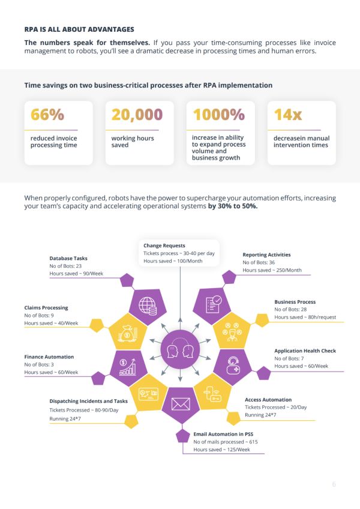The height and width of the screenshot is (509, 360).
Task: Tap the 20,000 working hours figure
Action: [x=137, y=114]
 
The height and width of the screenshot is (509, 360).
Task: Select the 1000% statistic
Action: [x=219, y=114]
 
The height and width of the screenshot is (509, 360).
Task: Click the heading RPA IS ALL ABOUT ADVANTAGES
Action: [x=79, y=29]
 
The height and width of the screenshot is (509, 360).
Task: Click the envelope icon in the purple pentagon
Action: [x=180, y=403]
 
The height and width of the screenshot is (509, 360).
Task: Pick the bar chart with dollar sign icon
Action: [x=128, y=366]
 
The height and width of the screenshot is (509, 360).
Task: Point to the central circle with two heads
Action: [x=180, y=349]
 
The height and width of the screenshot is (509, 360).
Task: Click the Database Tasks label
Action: [x=68, y=258]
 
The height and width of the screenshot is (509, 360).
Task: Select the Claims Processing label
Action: [x=46, y=307]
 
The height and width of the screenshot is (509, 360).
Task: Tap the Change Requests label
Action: [x=164, y=245]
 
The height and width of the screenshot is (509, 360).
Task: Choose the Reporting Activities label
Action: [x=266, y=254]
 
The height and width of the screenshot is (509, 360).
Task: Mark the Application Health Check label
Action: [x=305, y=351]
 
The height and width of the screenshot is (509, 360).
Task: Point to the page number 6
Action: [x=334, y=484]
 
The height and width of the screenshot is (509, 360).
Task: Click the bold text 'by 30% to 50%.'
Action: [x=233, y=205]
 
